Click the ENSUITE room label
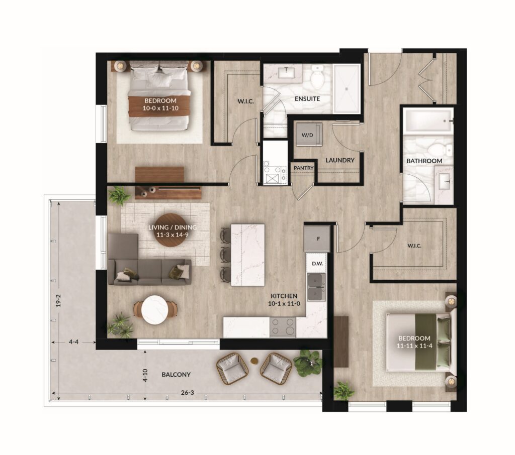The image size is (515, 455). pos(307,99)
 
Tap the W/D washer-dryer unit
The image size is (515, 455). pos(308,134)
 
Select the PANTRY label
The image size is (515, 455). pos(303,168)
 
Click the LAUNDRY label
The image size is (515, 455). pos(340,160)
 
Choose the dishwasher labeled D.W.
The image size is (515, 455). pos(317,263)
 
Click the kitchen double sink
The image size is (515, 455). pos(316,287)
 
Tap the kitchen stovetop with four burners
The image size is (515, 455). pos(283,327)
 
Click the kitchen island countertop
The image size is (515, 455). pos(248,255)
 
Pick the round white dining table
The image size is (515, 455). pos(154,310)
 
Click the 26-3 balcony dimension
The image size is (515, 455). pos(187,393)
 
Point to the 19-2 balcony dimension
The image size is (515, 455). pos(58,300)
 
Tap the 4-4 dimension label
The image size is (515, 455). pos(73,342)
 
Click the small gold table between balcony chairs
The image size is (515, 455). pos(254,361)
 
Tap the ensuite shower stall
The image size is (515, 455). pos(347,89)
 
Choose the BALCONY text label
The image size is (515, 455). pos(176,375)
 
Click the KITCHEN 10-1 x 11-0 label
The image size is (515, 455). pos(284,300)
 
